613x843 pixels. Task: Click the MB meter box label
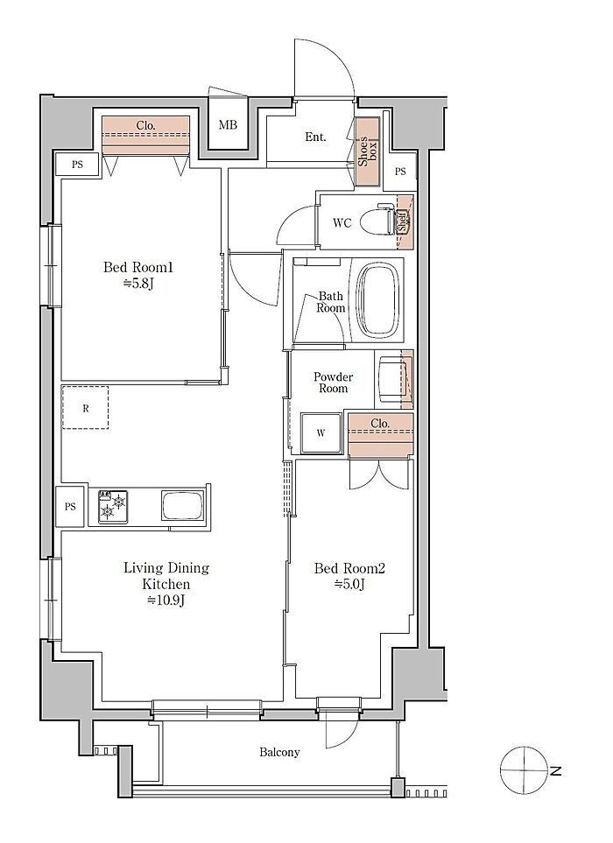click(228, 125)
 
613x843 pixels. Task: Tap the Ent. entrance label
click(315, 137)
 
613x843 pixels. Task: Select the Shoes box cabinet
click(368, 152)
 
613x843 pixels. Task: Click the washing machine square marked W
click(321, 433)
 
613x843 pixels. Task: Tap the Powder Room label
click(334, 383)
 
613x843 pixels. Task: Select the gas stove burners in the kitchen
click(112, 507)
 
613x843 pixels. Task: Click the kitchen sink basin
click(182, 507)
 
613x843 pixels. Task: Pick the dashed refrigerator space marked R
click(86, 408)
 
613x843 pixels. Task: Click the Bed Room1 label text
click(138, 267)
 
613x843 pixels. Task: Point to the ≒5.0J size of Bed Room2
click(350, 585)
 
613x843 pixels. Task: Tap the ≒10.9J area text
click(166, 601)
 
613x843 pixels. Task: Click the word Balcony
click(279, 752)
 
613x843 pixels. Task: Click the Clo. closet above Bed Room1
click(145, 136)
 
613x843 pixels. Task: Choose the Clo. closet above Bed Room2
click(381, 435)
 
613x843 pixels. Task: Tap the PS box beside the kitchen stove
click(70, 507)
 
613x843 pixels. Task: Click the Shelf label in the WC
click(402, 221)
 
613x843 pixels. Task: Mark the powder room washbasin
click(393, 378)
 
